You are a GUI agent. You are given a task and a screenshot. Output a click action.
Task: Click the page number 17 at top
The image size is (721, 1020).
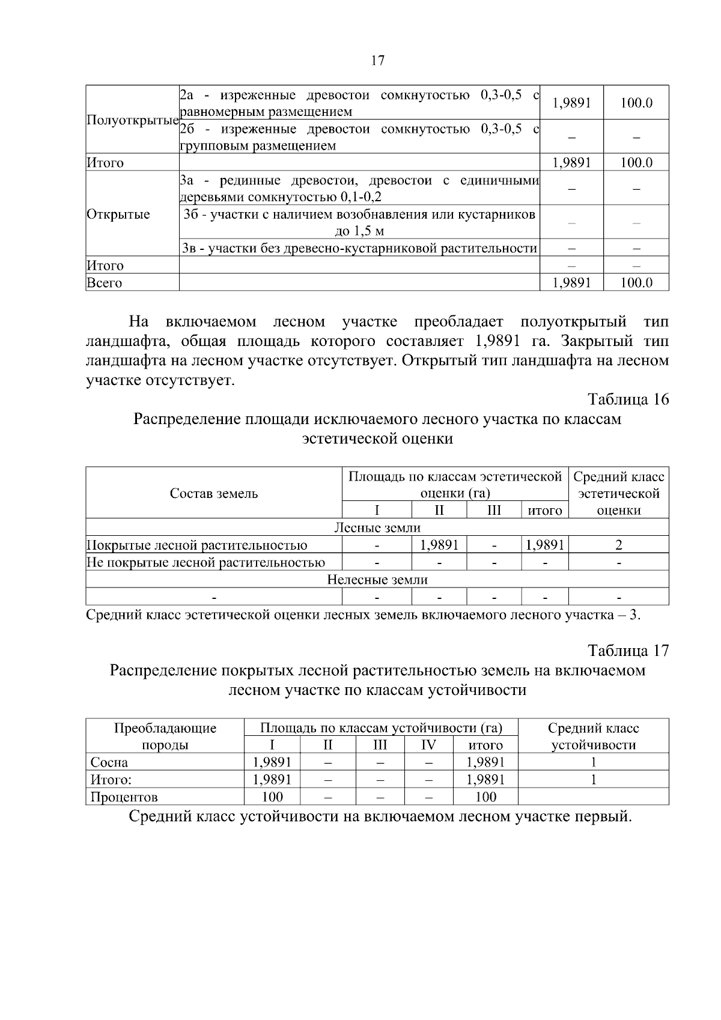coord(377,61)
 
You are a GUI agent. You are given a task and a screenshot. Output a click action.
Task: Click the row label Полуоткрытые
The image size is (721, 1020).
coord(133,120)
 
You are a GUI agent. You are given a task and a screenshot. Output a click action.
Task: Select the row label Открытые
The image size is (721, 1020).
coord(118,214)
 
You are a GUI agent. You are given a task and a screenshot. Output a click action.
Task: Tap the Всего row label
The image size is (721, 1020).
coord(105,283)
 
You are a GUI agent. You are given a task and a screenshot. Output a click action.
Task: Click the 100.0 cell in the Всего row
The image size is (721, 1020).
coord(636,283)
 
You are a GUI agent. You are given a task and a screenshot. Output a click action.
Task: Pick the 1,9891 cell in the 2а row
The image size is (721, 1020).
coord(571,103)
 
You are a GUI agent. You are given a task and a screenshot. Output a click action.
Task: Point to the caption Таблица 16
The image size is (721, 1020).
coord(628,399)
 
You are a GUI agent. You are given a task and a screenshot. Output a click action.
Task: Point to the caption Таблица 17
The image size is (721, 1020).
coord(628,651)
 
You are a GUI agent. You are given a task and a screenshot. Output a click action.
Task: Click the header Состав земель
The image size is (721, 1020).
coord(214,493)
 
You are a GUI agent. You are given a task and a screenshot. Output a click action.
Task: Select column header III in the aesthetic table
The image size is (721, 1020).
coord(494,511)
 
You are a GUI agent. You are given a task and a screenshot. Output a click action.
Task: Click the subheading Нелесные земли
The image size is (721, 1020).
coord(377,580)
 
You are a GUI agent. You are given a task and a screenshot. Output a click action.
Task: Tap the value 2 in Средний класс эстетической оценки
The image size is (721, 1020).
coord(618,545)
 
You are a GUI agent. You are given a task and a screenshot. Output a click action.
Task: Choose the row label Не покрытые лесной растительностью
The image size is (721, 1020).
coord(206,562)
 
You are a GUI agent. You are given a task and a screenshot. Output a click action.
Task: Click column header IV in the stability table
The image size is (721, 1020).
coord(428,745)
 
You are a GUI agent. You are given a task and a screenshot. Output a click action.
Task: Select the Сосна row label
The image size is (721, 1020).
coord(109,762)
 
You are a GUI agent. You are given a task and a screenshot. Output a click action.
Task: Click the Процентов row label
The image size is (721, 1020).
coord(124,797)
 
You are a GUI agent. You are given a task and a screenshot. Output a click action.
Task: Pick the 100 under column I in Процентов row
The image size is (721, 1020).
coord(272,797)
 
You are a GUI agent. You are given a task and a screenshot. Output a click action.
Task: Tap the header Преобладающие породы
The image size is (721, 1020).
coord(165,736)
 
